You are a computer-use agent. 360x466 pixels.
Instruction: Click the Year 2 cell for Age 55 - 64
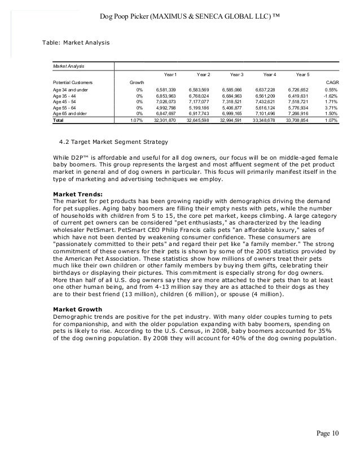coord(199,107)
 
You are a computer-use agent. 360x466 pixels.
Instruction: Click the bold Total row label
coord(58,120)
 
